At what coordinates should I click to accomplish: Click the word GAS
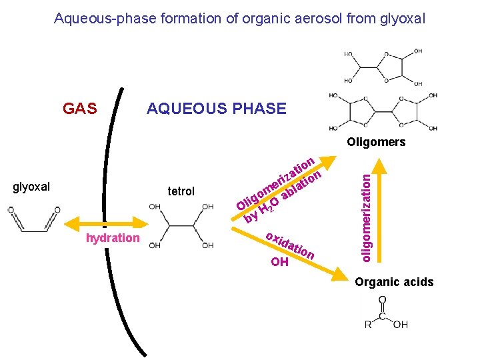tap(79, 109)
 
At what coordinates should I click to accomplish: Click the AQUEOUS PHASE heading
tap(216, 109)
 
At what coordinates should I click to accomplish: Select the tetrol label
tap(181, 191)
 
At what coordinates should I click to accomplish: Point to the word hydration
tap(113, 238)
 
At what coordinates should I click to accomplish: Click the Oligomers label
tap(376, 142)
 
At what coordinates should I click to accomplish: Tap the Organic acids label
tap(394, 282)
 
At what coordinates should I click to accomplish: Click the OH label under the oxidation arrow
tap(280, 262)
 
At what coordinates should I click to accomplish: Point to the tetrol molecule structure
tap(181, 225)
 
